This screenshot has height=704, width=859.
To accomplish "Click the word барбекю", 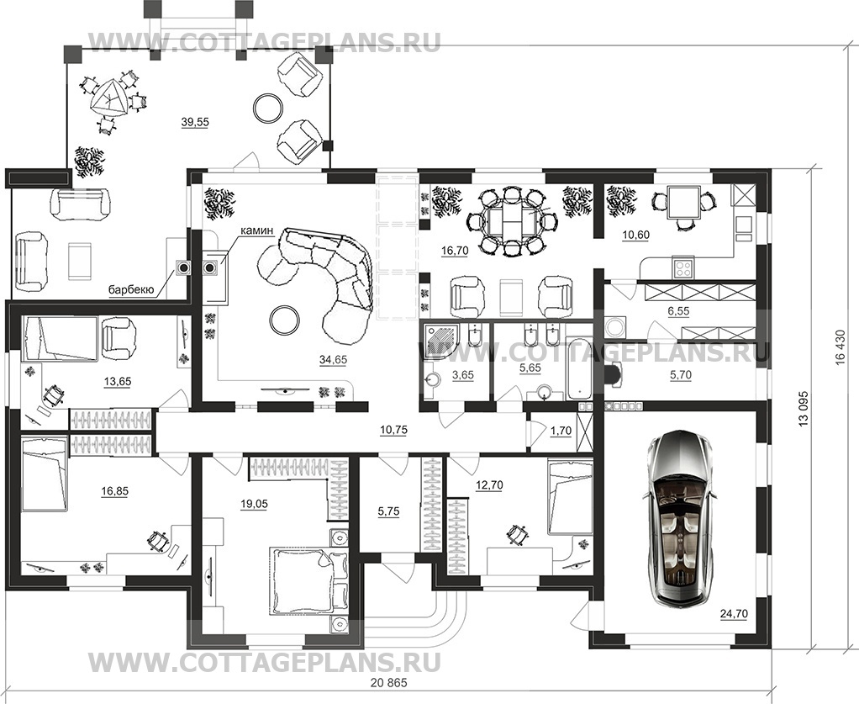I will pos(130,290).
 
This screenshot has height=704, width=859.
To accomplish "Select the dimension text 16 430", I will pos(840,347).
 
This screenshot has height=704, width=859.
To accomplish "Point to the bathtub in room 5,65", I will pos(580,368).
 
